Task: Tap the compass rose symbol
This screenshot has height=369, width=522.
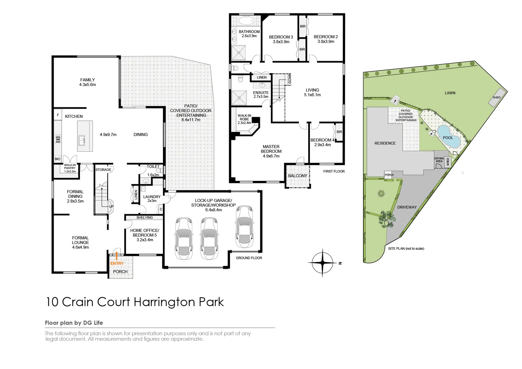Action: click(322, 263)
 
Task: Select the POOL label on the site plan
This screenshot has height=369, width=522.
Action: click(448, 138)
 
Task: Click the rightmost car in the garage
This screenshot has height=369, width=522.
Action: click(244, 227)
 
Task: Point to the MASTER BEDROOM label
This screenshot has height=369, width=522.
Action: click(271, 149)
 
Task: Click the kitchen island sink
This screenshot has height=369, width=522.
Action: click(82, 140)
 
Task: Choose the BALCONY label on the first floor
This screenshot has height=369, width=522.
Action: click(298, 176)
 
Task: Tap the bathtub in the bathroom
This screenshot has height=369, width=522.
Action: click(246, 21)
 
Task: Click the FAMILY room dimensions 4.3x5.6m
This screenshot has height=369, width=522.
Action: click(87, 85)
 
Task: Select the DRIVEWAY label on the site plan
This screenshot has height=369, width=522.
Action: click(407, 207)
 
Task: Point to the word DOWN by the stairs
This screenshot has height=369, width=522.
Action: click(290, 79)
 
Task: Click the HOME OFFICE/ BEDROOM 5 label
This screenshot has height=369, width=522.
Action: click(145, 233)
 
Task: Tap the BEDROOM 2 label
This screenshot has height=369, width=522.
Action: click(326, 37)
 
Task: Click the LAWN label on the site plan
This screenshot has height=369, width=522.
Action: click(450, 93)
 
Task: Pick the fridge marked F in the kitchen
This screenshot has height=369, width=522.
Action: click(58, 115)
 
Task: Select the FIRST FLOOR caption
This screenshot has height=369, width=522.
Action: click(334, 171)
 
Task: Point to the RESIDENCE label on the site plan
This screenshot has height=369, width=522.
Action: click(385, 143)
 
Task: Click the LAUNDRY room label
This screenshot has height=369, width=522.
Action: click(152, 197)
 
